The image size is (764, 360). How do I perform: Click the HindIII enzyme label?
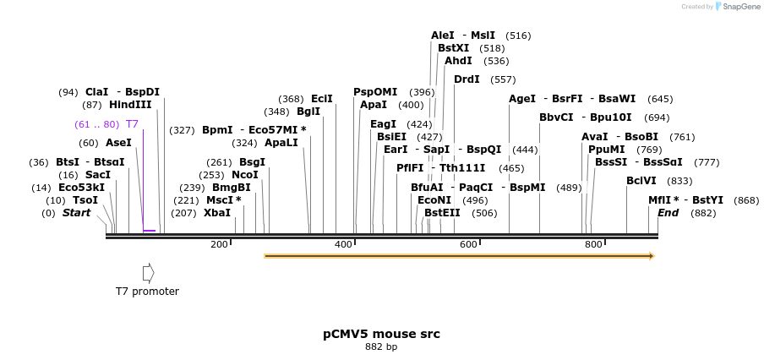[x=130, y=105]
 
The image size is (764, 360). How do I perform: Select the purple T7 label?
[x=132, y=124]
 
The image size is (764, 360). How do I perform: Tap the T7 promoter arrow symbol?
[x=148, y=273]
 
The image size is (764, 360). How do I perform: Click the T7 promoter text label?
[x=147, y=292]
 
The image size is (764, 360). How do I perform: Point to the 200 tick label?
[x=219, y=244]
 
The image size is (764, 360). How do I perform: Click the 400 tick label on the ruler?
[x=343, y=244]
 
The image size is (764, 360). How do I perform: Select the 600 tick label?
[x=468, y=244]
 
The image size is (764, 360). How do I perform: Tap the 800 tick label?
[x=593, y=244]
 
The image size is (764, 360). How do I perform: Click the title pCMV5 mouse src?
[x=381, y=334]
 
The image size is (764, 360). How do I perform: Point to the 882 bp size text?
[x=381, y=346]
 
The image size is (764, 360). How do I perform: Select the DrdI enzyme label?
[x=467, y=79]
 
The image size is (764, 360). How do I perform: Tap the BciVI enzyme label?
[x=641, y=181]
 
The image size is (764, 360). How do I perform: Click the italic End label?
[x=668, y=213]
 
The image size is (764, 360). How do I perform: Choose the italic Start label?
[x=76, y=213]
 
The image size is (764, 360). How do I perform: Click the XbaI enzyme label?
[x=217, y=213]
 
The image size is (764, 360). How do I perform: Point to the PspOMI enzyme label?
[x=375, y=92]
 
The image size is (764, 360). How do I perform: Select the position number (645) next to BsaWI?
[x=660, y=99]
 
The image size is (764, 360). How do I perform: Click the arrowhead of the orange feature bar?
[x=652, y=255]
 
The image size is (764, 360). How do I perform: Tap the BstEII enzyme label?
[x=442, y=213]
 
